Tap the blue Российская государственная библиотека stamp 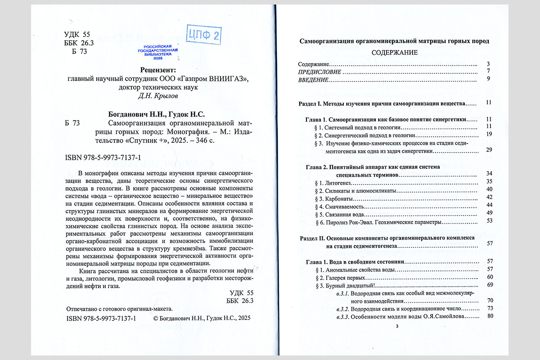[x=157, y=53]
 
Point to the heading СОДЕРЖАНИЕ [x=394, y=53]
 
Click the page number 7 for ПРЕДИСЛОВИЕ [x=488, y=72]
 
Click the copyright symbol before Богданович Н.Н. [x=156, y=318]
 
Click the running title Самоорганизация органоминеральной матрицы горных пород [x=394, y=41]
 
